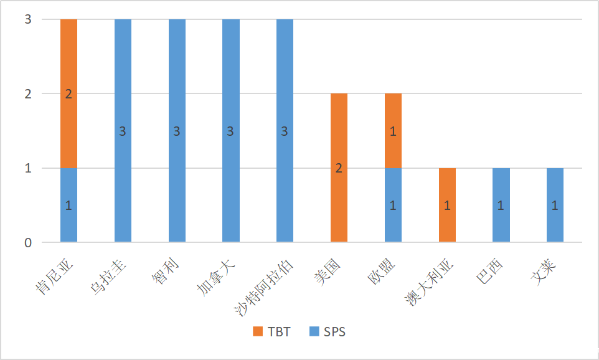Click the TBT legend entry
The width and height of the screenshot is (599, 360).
pos(272,332)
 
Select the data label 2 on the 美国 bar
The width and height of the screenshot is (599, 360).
pos(339,168)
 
